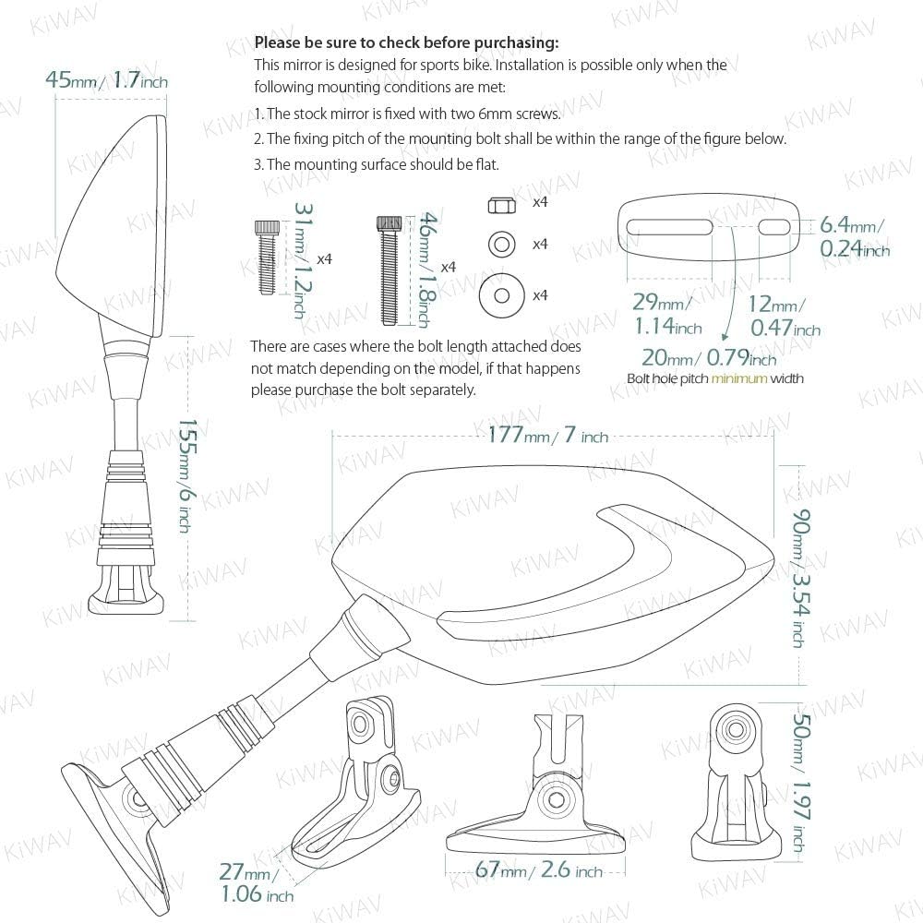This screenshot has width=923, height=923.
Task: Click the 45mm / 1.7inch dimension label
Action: tap(106, 79)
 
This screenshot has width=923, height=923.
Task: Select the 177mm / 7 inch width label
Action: tap(548, 435)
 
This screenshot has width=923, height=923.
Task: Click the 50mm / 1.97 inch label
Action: tap(801, 782)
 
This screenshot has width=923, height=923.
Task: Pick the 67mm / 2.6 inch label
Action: tap(539, 869)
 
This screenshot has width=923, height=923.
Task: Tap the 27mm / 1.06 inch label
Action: tap(256, 882)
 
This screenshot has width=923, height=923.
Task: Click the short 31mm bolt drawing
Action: tap(266, 258)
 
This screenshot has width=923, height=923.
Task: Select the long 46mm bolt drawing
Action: tap(390, 270)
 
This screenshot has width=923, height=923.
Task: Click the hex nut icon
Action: tap(501, 206)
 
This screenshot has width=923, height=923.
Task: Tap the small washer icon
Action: tap(501, 244)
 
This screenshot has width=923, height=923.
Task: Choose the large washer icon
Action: tap(501, 295)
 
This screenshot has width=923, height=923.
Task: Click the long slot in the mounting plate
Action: tap(669, 227)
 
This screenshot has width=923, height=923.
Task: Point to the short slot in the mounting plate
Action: tap(775, 227)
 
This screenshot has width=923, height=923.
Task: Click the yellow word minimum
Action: tap(739, 378)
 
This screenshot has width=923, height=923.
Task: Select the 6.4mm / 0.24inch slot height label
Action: tap(854, 236)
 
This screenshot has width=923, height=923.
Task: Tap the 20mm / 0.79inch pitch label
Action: tap(709, 357)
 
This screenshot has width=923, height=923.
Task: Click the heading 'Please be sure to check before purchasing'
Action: tap(407, 42)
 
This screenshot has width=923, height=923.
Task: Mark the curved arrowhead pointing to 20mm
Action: tap(725, 336)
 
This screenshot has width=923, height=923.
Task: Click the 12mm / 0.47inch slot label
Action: tap(785, 316)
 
